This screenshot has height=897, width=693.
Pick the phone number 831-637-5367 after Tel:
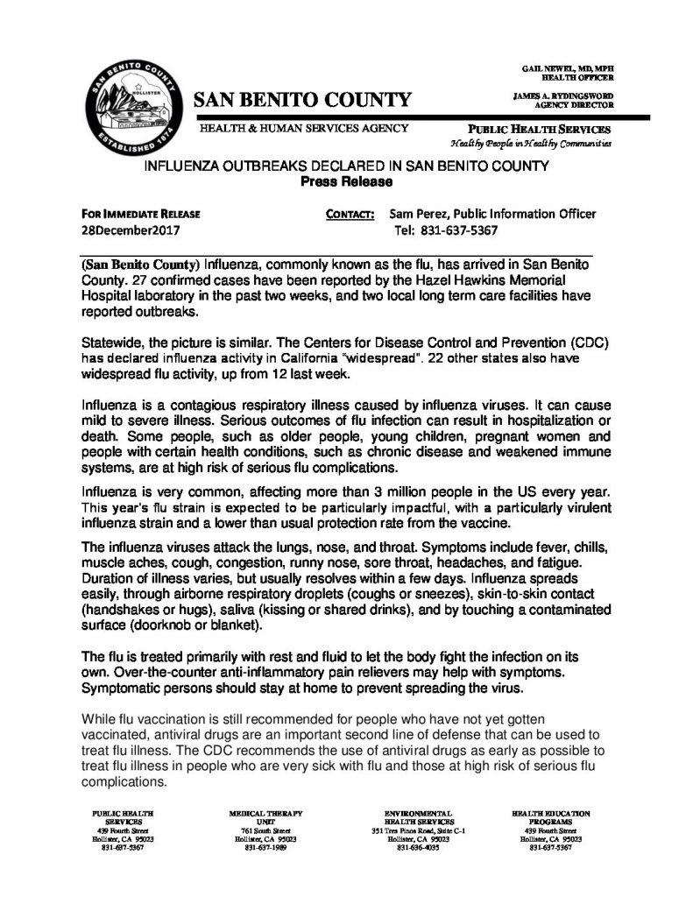pos(447,230)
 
